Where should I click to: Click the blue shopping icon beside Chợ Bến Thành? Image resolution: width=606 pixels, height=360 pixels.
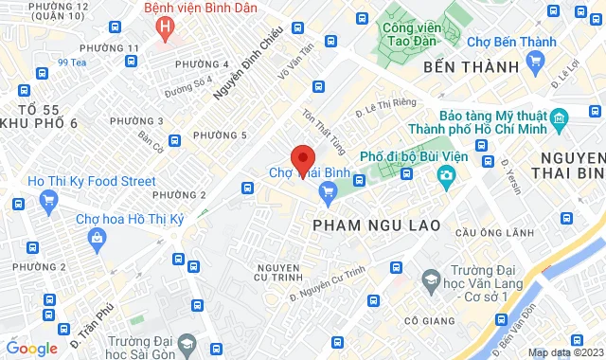pos(536,60)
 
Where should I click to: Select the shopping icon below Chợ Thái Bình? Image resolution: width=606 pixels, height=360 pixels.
pos(329,192)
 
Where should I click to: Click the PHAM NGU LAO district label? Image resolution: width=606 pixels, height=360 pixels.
pos(365,225)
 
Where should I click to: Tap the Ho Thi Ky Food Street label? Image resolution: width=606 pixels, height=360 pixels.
pos(79,180)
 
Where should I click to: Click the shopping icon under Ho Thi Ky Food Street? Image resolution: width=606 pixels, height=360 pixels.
pos(49,200)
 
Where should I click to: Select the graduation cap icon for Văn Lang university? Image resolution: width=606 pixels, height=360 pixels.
pos(432,280)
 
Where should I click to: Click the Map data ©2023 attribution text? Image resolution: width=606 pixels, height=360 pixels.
pos(564,352)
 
